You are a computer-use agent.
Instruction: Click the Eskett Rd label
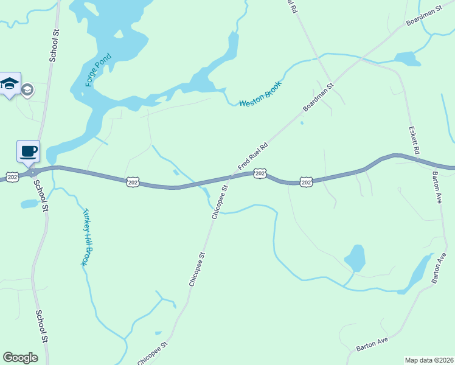click(x=415, y=141)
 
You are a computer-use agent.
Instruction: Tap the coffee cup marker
click(x=28, y=151)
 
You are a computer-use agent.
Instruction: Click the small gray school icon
click(x=27, y=90)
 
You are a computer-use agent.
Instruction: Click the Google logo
click(x=20, y=358)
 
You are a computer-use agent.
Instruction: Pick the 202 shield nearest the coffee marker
click(x=12, y=176)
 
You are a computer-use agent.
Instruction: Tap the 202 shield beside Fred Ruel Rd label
click(x=260, y=174)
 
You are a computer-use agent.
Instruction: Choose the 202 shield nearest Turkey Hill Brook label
click(x=134, y=182)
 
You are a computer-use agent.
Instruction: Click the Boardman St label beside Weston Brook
click(x=319, y=97)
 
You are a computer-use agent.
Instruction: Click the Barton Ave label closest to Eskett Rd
click(x=437, y=189)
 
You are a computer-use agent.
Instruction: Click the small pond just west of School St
click(x=29, y=204)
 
